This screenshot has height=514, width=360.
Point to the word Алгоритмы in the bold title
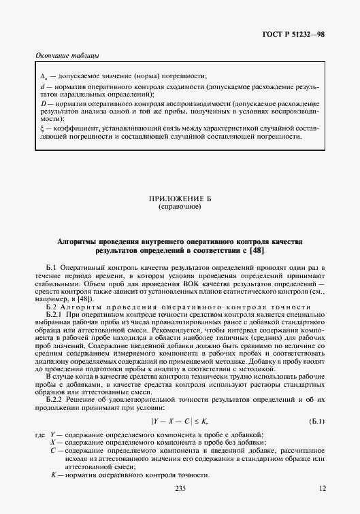pos(80,241)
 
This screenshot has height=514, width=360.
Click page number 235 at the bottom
pos(180,490)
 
